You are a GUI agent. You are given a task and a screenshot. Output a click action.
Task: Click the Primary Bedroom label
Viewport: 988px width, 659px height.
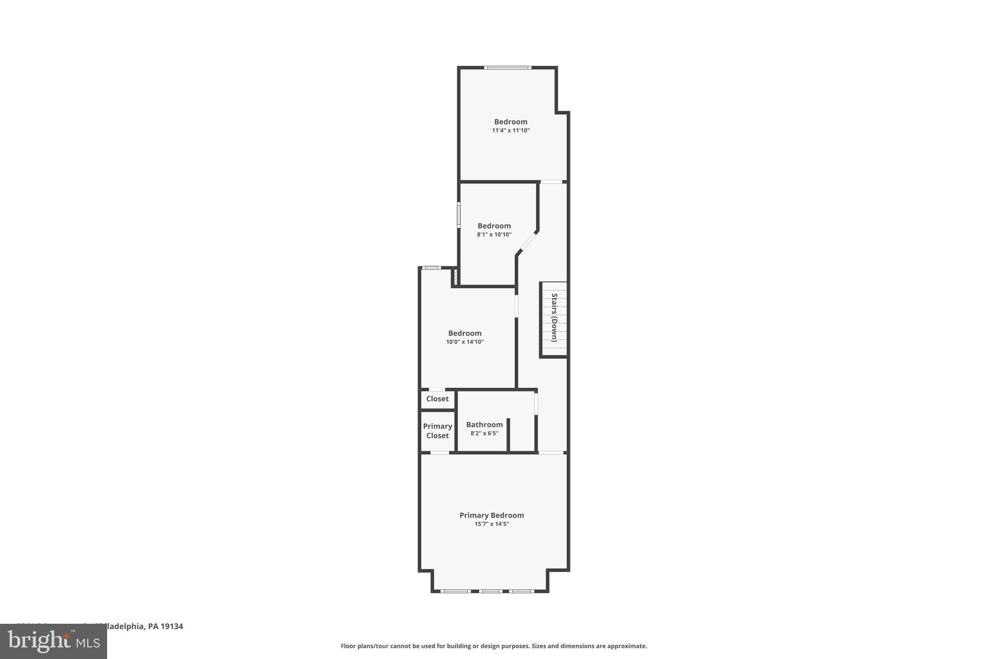coord(491,515)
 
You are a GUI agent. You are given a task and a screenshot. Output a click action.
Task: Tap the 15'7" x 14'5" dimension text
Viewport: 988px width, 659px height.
coord(491,524)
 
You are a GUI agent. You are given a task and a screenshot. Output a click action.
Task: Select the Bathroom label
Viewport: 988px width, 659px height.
coord(484,424)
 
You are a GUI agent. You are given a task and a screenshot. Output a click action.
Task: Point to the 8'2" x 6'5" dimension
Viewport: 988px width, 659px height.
coord(484,434)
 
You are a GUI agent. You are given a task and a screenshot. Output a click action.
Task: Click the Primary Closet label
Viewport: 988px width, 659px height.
coord(437,431)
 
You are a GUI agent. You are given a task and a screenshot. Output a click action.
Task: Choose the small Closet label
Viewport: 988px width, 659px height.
coord(437,399)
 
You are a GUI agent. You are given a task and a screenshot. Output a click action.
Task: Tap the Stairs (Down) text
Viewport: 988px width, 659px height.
coord(554,318)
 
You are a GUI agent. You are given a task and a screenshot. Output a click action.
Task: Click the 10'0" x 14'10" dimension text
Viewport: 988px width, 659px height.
coord(465,342)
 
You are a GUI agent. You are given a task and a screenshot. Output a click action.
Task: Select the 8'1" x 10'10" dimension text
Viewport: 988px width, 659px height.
coord(494,235)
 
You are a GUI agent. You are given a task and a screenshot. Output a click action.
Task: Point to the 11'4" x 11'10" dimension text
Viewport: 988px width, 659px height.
coord(510,130)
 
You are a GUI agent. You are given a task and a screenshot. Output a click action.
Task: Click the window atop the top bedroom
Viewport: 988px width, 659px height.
coord(508,68)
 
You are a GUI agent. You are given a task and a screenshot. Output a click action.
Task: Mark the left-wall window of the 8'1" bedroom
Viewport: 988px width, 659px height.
coord(459,215)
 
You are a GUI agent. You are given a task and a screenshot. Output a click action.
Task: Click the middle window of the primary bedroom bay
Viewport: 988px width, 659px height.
coord(491,591)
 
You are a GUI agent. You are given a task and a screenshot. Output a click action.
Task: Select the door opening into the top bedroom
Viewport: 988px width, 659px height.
coord(551,182)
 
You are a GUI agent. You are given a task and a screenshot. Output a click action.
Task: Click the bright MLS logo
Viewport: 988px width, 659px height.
coord(53,642)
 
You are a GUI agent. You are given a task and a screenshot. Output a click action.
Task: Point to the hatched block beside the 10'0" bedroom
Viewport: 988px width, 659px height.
coord(455,277)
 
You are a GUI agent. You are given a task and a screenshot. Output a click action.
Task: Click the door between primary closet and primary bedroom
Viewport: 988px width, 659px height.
coord(439,452)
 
